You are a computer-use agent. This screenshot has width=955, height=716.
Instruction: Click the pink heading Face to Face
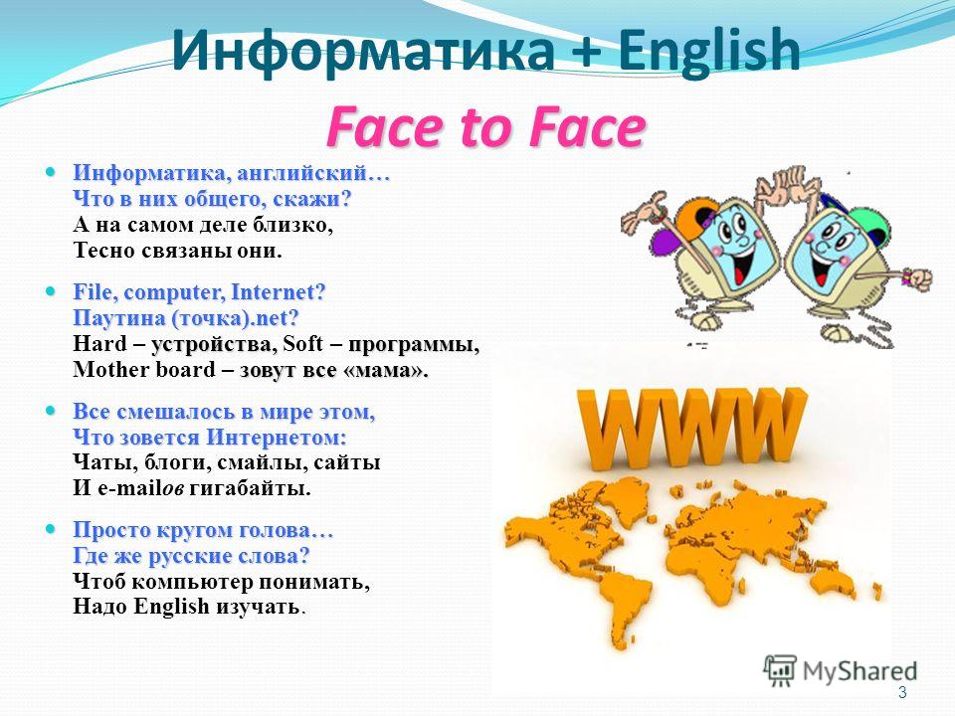pos(485,127)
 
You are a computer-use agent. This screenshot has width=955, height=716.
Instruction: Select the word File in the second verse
pos(95,291)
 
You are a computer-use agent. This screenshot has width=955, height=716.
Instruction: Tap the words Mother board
pos(144,369)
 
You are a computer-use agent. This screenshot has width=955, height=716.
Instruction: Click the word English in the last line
pos(171,607)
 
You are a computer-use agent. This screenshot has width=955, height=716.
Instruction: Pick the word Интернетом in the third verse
pos(277,438)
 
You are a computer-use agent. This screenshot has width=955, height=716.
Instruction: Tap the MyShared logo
pos(841,671)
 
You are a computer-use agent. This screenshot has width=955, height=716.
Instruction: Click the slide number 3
pos(902,692)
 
